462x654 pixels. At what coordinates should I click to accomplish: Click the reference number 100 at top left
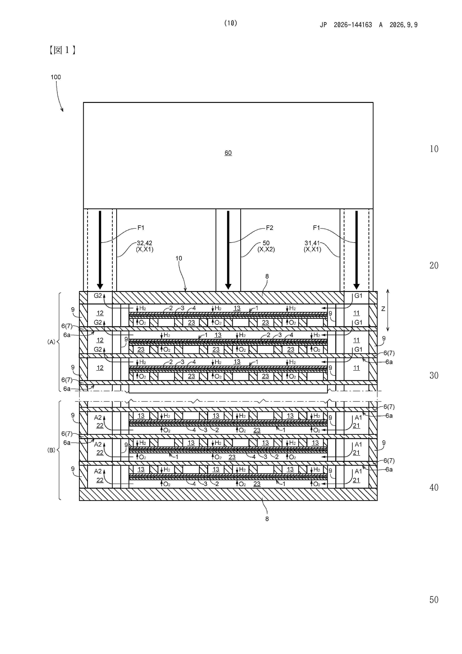click(x=56, y=77)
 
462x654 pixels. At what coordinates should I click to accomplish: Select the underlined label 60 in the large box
click(x=228, y=153)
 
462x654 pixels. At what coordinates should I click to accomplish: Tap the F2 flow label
click(x=269, y=228)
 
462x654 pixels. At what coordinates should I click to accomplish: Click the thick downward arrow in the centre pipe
click(x=228, y=250)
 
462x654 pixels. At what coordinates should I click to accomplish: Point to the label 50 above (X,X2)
click(x=266, y=243)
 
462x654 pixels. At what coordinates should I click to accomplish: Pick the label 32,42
click(x=144, y=243)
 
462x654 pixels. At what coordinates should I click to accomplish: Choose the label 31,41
click(x=312, y=243)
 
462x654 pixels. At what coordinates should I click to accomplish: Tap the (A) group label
click(x=51, y=342)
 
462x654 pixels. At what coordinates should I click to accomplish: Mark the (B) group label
click(x=51, y=450)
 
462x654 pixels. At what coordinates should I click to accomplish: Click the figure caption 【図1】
click(x=62, y=50)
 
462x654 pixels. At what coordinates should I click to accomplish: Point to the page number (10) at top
click(x=231, y=23)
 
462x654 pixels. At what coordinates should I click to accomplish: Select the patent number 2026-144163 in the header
click(x=353, y=25)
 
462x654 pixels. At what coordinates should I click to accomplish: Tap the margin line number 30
click(x=434, y=375)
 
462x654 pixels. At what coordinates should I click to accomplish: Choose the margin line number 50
click(x=434, y=600)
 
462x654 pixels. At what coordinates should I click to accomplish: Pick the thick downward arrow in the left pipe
click(x=100, y=250)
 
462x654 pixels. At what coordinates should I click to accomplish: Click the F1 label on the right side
click(x=316, y=228)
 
